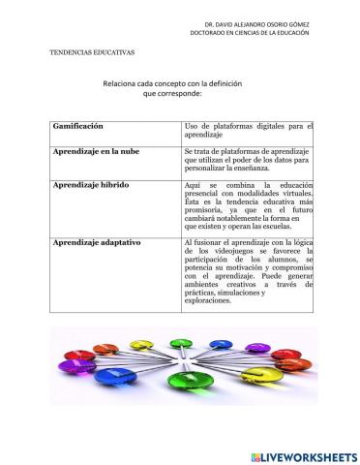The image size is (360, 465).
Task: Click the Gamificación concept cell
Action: (x=76, y=127)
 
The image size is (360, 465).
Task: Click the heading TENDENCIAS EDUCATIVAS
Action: (x=92, y=52)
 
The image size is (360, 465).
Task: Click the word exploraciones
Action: (x=209, y=300)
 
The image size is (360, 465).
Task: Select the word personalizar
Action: (x=208, y=170)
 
